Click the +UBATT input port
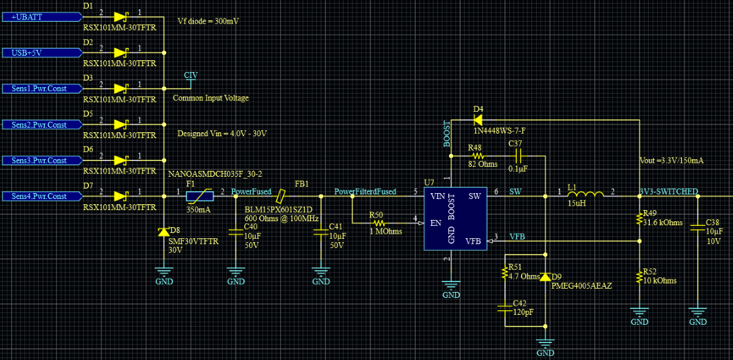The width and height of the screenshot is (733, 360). pyautogui.click(x=41, y=17)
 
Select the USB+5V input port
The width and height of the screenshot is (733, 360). pyautogui.click(x=41, y=53)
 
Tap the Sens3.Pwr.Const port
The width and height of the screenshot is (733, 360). pyautogui.click(x=41, y=160)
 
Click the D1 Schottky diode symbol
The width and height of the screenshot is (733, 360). pyautogui.click(x=121, y=17)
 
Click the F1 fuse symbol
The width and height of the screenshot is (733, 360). pyautogui.click(x=200, y=196)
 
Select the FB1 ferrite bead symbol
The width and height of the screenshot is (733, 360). pyautogui.click(x=281, y=196)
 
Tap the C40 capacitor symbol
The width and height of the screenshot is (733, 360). pyautogui.click(x=236, y=232)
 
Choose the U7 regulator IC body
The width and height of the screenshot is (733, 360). pyautogui.click(x=456, y=219)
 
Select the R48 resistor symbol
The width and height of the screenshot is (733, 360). pyautogui.click(x=477, y=156)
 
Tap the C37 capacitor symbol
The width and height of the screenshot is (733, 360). pyautogui.click(x=517, y=156)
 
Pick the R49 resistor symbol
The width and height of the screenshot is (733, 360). pyautogui.click(x=639, y=219)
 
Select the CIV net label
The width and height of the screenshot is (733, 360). pyautogui.click(x=190, y=75)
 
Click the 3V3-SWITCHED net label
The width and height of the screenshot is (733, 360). pyautogui.click(x=669, y=191)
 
